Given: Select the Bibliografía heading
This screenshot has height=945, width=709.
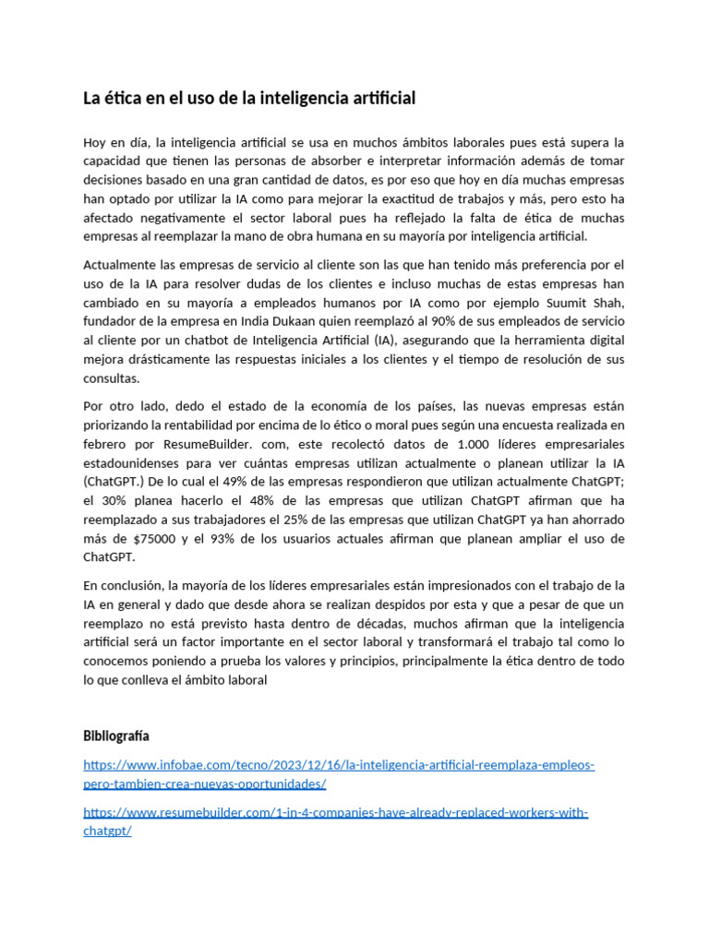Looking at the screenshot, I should point(116,736).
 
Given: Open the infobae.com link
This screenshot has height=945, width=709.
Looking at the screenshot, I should point(338,765).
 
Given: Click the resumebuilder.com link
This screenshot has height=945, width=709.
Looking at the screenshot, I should point(335,813).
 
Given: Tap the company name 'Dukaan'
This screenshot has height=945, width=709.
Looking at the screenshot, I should point(291,321).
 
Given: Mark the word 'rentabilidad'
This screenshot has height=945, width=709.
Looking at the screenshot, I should point(204,425).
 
